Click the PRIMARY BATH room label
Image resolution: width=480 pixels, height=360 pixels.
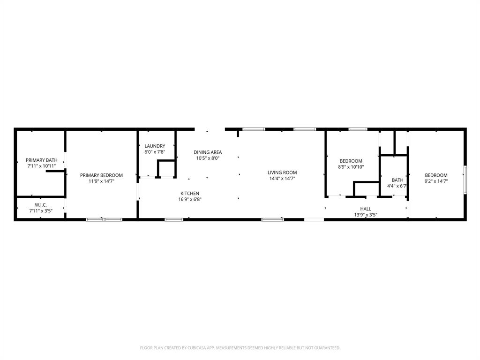point(41,160)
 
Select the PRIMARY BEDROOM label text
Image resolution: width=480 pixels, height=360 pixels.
point(101,175)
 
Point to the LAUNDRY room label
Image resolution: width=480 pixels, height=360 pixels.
point(155,146)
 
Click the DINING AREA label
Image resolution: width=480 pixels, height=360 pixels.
point(208,152)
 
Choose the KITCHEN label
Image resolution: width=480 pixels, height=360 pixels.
point(190,193)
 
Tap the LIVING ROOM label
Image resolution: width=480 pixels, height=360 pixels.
point(282,172)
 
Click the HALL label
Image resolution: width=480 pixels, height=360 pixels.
point(366,209)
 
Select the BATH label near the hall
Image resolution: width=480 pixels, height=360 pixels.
point(397,180)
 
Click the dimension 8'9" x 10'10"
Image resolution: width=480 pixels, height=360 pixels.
point(351,167)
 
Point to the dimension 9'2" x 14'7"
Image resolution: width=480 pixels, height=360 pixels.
point(436,181)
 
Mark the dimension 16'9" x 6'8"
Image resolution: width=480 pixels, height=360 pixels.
point(190,199)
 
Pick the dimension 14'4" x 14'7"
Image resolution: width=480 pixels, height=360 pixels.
point(282,178)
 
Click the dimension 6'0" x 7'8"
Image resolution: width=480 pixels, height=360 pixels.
point(155,152)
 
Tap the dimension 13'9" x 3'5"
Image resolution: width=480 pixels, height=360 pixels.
point(366,215)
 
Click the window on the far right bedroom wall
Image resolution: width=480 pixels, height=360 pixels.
point(465,180)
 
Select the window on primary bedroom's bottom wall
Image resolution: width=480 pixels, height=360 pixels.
point(104,219)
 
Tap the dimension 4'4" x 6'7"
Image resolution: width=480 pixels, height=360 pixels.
point(397,186)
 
